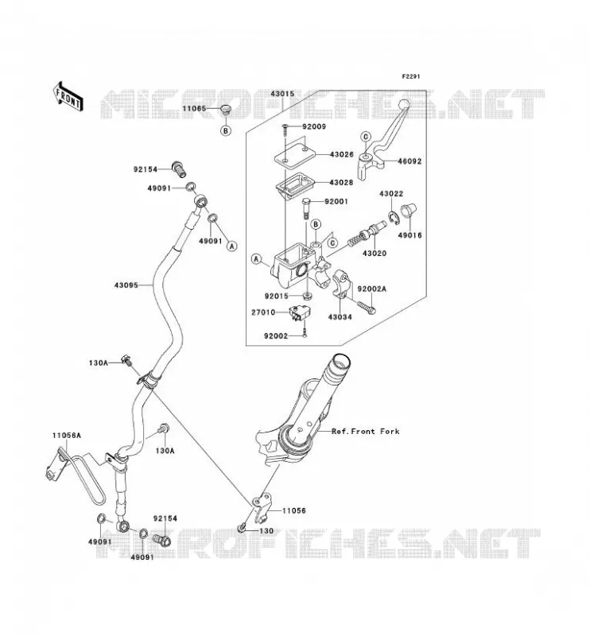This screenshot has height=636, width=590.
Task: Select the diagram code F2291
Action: click(x=410, y=76)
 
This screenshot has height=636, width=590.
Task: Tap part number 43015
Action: click(x=282, y=94)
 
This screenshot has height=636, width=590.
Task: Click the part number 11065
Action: click(x=194, y=109)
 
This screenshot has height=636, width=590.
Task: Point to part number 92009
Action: click(x=314, y=126)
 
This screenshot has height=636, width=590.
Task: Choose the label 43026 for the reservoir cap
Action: click(x=342, y=154)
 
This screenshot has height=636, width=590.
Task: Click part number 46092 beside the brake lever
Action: click(x=410, y=161)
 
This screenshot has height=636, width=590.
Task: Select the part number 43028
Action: click(x=341, y=183)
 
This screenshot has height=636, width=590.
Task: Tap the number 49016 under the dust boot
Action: click(x=410, y=235)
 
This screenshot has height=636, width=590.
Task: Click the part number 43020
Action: click(x=375, y=254)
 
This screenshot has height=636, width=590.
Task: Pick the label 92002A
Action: click(x=371, y=289)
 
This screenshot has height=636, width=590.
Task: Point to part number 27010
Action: click(x=263, y=312)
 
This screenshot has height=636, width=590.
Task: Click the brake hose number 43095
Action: click(x=126, y=285)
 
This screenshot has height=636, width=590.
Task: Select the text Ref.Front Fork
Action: click(x=366, y=432)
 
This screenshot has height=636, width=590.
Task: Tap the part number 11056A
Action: click(x=67, y=436)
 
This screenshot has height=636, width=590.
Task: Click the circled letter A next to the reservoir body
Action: click(x=256, y=259)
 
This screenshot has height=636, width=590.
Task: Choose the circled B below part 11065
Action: click(x=226, y=130)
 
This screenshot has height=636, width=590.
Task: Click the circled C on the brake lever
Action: click(x=365, y=136)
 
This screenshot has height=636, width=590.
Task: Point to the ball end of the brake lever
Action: click(x=404, y=104)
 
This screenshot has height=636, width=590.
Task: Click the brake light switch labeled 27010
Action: click(x=296, y=313)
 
